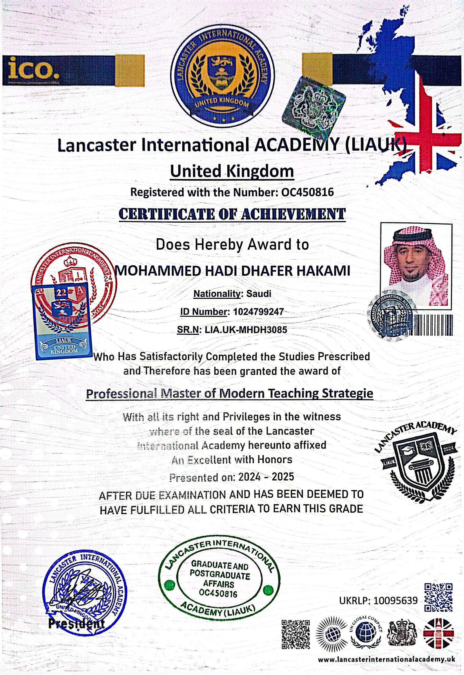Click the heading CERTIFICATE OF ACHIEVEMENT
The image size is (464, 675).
tap(232, 215)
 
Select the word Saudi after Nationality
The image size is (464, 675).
tap(258, 294)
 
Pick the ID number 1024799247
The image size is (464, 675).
tap(258, 312)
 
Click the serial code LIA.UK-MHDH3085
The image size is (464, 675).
tap(246, 330)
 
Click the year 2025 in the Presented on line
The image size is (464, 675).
tap(283, 477)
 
